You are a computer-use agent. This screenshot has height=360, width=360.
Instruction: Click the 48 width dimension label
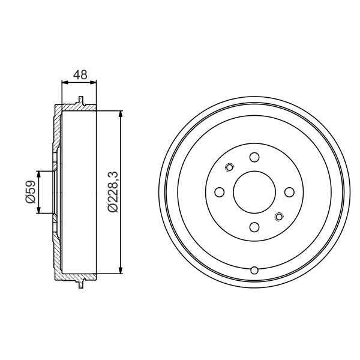click(x=80, y=75)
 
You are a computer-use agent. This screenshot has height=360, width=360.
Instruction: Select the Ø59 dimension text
click(x=29, y=192)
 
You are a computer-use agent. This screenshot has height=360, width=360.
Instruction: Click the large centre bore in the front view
click(x=254, y=192)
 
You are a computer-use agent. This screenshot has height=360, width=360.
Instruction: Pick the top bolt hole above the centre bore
click(x=254, y=157)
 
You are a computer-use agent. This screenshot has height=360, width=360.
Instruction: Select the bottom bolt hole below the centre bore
click(x=254, y=227)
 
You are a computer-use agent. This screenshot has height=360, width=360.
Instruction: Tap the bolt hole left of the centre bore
click(x=220, y=192)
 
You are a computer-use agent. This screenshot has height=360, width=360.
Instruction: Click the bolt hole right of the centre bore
click(x=289, y=192)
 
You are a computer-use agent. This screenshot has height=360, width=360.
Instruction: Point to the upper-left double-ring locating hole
click(x=230, y=167)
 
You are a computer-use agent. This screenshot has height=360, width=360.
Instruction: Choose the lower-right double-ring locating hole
click(x=278, y=216)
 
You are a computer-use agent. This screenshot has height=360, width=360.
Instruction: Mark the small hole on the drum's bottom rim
click(x=254, y=269)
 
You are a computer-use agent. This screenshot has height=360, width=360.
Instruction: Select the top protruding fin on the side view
click(x=80, y=100)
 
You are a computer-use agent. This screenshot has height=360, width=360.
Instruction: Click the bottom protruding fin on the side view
click(x=80, y=284)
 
